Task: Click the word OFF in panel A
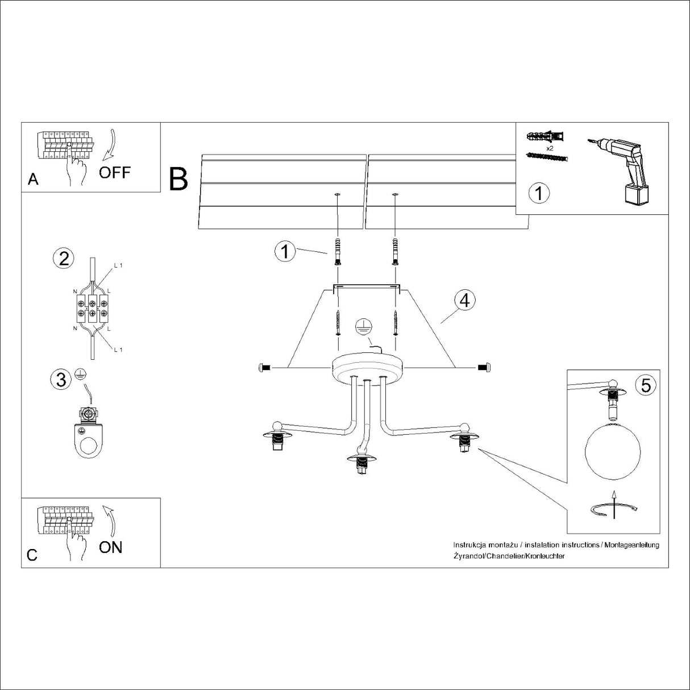[x=114, y=172]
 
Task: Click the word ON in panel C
[x=110, y=547]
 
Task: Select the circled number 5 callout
[x=646, y=385]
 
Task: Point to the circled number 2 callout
[x=64, y=259]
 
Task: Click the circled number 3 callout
[x=62, y=379]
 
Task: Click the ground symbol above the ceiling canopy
[x=363, y=327]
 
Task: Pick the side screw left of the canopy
[x=264, y=368]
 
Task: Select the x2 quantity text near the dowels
[x=550, y=148]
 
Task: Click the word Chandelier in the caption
[x=504, y=556]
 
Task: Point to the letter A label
[x=33, y=180]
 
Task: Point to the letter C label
[x=32, y=555]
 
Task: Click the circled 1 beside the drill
[x=539, y=193]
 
